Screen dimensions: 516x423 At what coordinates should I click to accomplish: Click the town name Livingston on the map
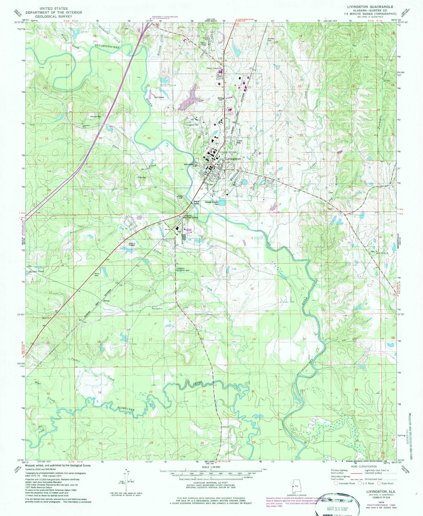233,159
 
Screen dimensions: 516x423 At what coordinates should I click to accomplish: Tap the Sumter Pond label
37,271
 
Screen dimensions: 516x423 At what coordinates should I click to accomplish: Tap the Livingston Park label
192,125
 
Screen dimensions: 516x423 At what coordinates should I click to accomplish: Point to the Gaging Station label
196,202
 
